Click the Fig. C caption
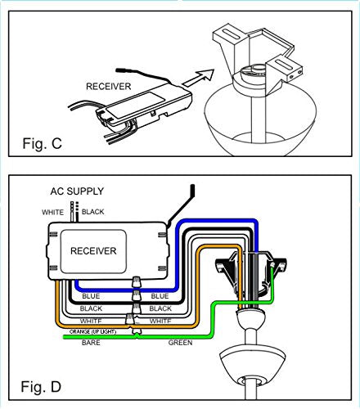(x=43, y=143)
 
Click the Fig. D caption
(x=41, y=387)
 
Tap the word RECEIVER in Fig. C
(x=109, y=87)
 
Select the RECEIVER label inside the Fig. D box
(x=93, y=251)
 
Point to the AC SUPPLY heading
(x=77, y=191)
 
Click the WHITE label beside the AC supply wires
(x=52, y=212)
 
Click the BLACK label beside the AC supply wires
(x=93, y=212)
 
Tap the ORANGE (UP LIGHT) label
(x=92, y=331)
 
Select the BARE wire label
(x=91, y=343)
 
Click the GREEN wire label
(x=180, y=343)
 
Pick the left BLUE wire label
(x=91, y=296)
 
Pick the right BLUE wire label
(x=160, y=296)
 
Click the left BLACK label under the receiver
(x=91, y=308)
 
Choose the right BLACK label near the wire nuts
(x=160, y=308)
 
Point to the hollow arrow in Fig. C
(x=198, y=78)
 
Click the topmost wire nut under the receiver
(x=137, y=282)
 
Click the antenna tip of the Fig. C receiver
(x=121, y=70)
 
